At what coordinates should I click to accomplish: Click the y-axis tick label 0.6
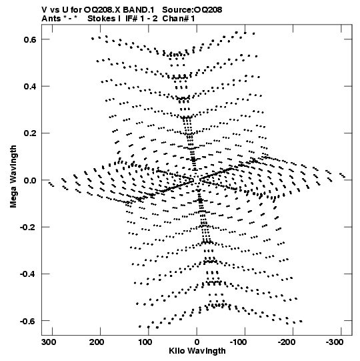pyautogui.click(x=30, y=39)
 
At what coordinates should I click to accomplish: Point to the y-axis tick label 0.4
pyautogui.click(x=30, y=87)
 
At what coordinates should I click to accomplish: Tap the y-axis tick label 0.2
pyautogui.click(x=30, y=133)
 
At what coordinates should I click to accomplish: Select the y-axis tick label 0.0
pyautogui.click(x=30, y=180)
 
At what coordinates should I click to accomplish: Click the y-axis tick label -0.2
pyautogui.click(x=28, y=228)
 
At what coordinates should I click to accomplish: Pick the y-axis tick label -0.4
pyautogui.click(x=28, y=274)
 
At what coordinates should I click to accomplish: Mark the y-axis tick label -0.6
pyautogui.click(x=28, y=321)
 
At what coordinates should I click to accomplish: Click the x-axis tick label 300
pyautogui.click(x=49, y=342)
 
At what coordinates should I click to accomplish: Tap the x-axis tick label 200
pyautogui.click(x=97, y=342)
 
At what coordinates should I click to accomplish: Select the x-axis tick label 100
pyautogui.click(x=145, y=342)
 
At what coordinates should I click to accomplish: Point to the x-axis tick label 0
pyautogui.click(x=197, y=342)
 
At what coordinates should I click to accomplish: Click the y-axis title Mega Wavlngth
pyautogui.click(x=13, y=176)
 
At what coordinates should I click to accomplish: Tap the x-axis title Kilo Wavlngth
pyautogui.click(x=197, y=351)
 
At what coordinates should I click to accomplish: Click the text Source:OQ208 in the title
pyautogui.click(x=192, y=10)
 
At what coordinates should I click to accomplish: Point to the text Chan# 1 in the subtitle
pyautogui.click(x=179, y=19)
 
